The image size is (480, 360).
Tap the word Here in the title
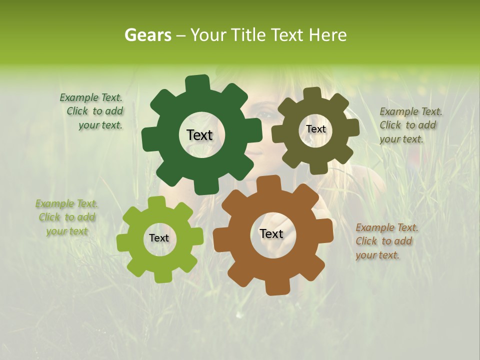pyautogui.click(x=328, y=35)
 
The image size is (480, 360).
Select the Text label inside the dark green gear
pyautogui.click(x=199, y=135)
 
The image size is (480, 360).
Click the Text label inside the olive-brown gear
pyautogui.click(x=315, y=129)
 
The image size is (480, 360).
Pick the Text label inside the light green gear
pyautogui.click(x=159, y=238)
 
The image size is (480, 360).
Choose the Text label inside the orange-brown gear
pyautogui.click(x=271, y=233)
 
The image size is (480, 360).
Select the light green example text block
pyautogui.click(x=67, y=217)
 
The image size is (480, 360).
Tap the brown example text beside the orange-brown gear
pyautogui.click(x=386, y=241)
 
